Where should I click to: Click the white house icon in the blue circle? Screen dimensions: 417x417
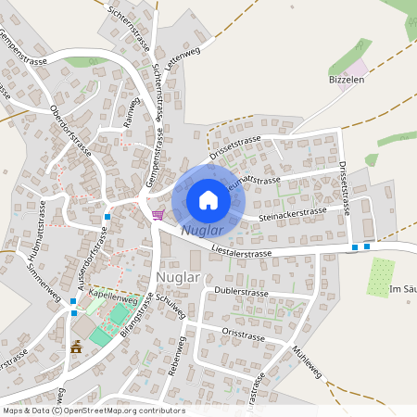208,199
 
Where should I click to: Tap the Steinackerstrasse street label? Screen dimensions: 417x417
294,214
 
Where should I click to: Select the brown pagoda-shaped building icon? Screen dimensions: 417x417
76,347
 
